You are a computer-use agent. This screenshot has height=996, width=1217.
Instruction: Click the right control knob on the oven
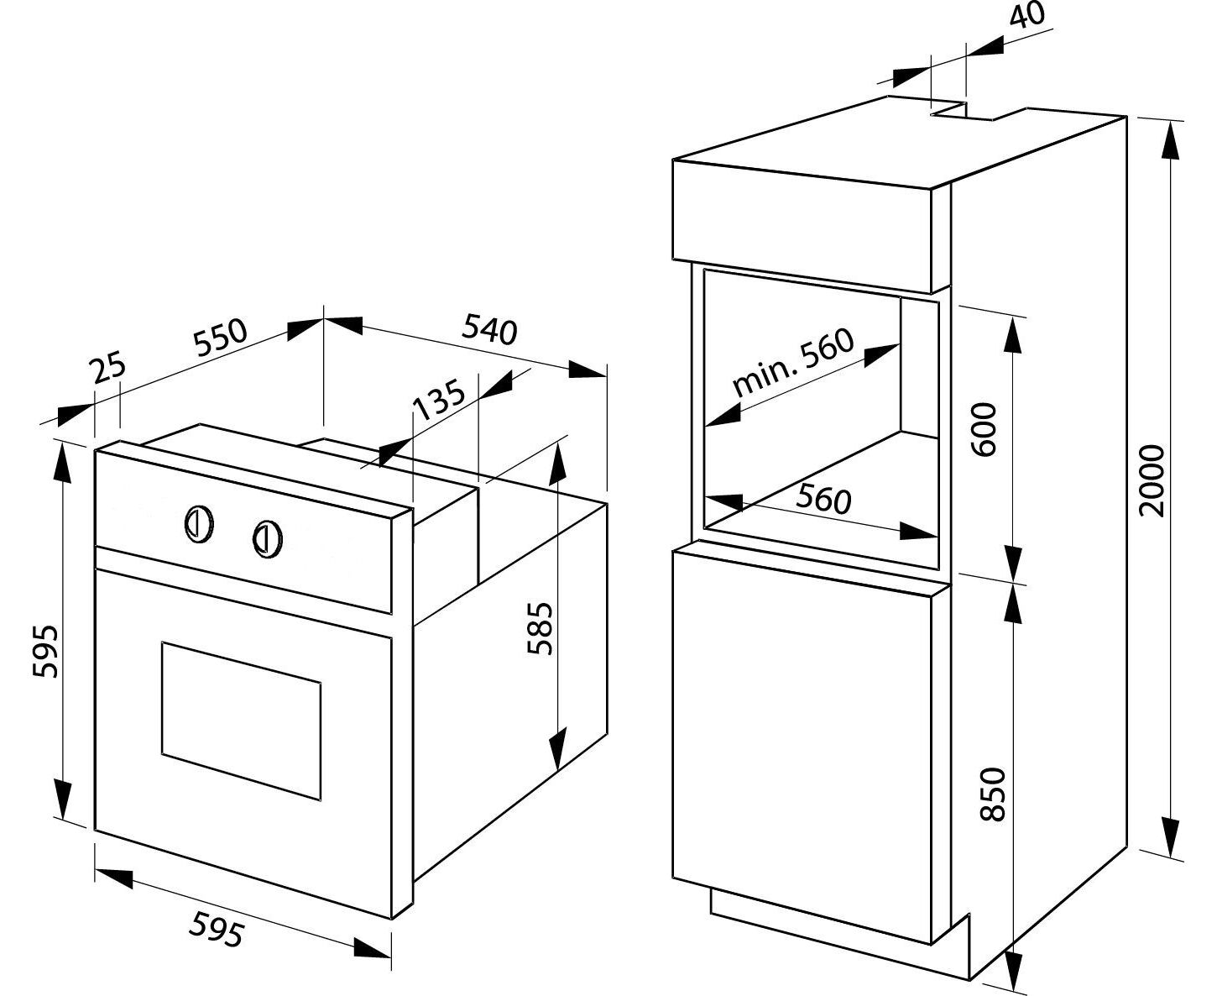pos(268,537)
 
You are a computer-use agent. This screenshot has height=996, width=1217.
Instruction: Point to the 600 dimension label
pos(985,428)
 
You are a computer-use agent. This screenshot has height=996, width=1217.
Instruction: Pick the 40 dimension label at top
pos(1026,16)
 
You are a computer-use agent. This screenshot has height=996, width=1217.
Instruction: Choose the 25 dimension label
pos(108,369)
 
